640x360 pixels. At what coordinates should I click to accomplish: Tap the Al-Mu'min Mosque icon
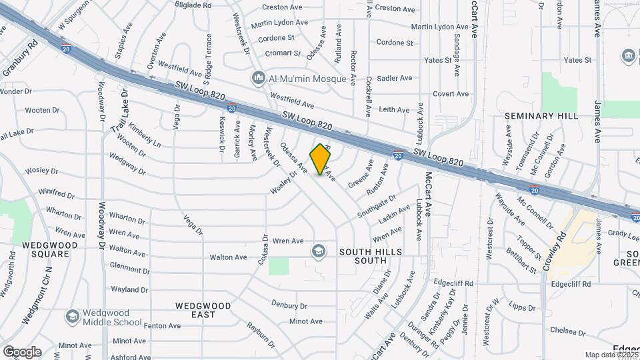tap(258, 79)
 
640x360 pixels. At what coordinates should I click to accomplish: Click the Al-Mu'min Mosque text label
tap(307, 79)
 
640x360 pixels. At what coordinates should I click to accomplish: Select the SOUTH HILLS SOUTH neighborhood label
tap(371, 252)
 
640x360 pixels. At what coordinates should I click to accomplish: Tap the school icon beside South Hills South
tap(319, 251)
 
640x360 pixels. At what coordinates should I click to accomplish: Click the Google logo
tap(22, 351)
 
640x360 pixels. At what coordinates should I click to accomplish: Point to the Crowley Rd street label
tap(554, 251)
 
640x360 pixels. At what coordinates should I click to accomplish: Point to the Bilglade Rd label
tap(193, 5)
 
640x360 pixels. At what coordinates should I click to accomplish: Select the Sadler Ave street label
tap(395, 78)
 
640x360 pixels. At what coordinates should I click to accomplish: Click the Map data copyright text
tap(611, 355)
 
